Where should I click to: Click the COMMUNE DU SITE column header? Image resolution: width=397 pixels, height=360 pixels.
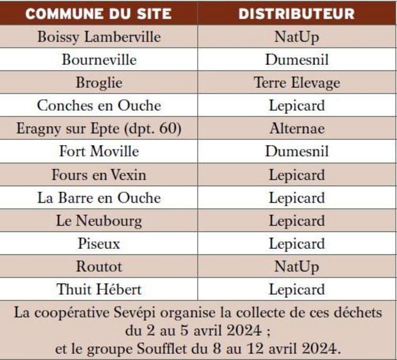tap(99, 13)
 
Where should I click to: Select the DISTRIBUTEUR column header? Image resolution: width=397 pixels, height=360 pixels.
tap(297, 13)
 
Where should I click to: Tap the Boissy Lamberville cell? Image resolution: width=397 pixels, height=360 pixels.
tap(99, 37)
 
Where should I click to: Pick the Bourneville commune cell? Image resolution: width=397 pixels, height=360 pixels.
tap(99, 60)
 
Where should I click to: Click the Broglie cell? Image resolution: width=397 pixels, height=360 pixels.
tap(99, 82)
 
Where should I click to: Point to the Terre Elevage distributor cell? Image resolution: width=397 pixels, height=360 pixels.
tap(297, 82)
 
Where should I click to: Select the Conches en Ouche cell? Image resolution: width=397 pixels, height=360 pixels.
tap(99, 105)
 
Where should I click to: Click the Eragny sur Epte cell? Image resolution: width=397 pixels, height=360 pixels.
tap(99, 128)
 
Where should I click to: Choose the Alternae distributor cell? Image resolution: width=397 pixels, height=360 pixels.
tap(297, 128)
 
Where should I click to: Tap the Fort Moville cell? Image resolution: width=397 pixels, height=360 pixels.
tap(99, 152)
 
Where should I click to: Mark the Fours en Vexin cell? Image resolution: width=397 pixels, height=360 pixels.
tap(99, 174)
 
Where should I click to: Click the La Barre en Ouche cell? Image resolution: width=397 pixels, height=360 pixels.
tap(99, 198)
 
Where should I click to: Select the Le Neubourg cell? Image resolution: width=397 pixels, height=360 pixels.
tap(99, 221)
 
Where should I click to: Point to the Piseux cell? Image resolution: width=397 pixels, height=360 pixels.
tap(99, 244)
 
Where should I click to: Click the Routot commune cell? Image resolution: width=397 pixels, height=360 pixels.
tap(99, 266)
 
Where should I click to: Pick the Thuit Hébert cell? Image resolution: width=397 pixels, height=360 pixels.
tap(99, 290)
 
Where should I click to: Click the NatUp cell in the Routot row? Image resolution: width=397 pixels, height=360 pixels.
tap(297, 266)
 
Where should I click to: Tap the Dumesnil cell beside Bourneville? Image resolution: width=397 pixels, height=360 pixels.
tap(297, 60)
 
